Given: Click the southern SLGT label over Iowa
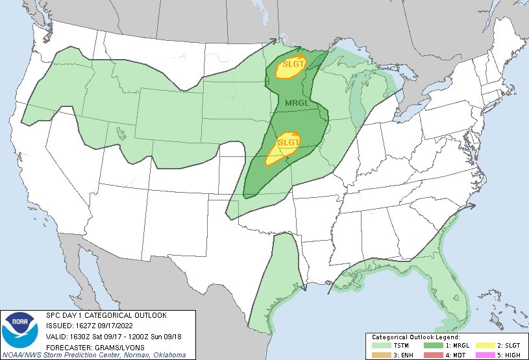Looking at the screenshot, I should pos(289,141).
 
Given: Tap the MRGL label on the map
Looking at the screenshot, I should pos(297,103).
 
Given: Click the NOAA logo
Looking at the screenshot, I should pos(20,331).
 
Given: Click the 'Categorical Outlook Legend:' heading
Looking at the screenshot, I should pos(416,337).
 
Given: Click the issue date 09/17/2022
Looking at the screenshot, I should pos(117,325).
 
